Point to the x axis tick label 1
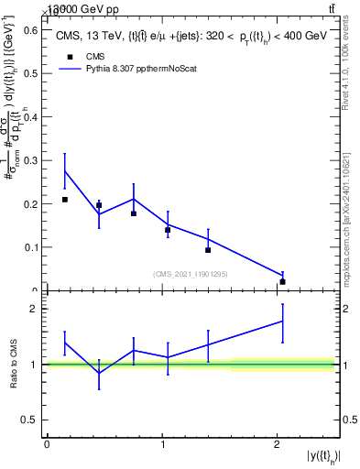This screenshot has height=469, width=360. (x=162, y=444)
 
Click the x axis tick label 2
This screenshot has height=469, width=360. (x=277, y=444)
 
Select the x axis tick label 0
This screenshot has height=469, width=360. (x=47, y=444)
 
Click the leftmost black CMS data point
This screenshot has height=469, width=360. (x=64, y=200)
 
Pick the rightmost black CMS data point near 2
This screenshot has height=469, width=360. (x=282, y=282)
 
